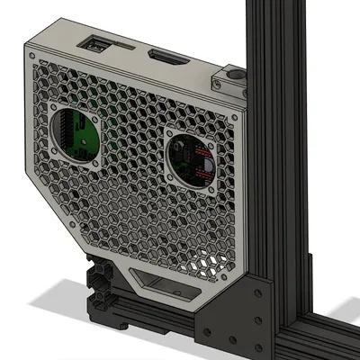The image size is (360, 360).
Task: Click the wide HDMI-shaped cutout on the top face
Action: pyautogui.click(x=166, y=58)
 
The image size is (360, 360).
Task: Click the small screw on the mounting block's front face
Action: pyautogui.click(x=218, y=84)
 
